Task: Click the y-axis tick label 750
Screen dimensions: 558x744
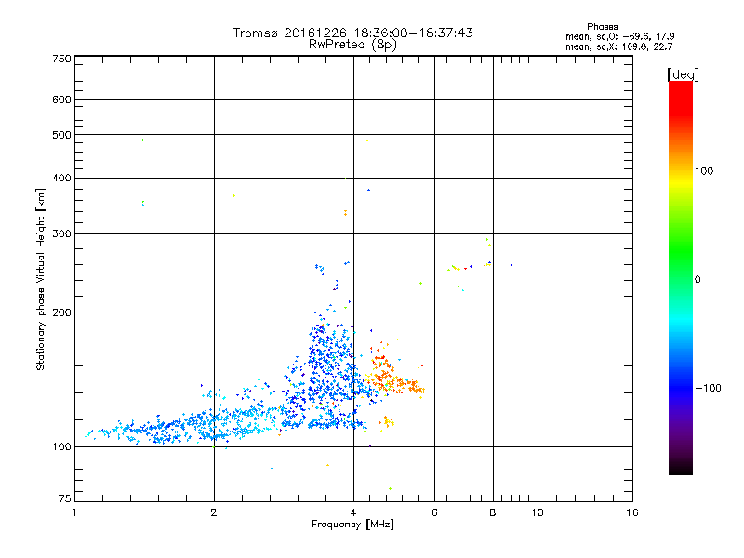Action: click(x=62, y=59)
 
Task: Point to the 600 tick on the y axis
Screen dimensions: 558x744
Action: click(x=62, y=100)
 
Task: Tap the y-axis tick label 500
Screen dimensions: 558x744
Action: click(x=62, y=135)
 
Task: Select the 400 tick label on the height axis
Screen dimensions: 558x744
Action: click(x=62, y=178)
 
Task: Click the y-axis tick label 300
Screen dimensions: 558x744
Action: click(x=62, y=233)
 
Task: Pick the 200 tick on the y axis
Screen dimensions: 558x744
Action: click(x=62, y=312)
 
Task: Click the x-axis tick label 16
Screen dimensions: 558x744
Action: click(x=632, y=511)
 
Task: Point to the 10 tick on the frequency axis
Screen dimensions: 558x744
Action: click(x=537, y=511)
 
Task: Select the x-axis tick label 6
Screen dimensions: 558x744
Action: click(x=434, y=511)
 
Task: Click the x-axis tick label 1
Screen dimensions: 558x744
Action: click(x=74, y=511)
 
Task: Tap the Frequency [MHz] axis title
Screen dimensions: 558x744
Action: click(x=352, y=525)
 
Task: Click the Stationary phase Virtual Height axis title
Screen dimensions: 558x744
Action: click(x=41, y=279)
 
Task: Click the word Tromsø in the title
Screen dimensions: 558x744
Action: click(x=257, y=33)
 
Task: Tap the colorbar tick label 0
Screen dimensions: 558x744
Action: click(x=697, y=279)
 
